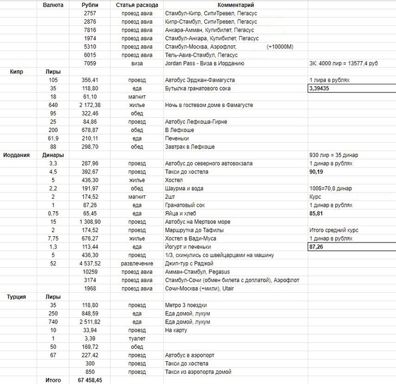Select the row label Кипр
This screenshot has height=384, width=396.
(15, 72)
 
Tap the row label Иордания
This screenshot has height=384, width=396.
(17, 155)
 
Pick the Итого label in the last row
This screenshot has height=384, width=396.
(53, 380)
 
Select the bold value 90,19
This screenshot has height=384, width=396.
(316, 171)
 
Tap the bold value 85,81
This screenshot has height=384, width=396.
(316, 214)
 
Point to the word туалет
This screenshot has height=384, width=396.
(136, 338)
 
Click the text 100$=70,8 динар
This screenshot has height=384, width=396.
(330, 187)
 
